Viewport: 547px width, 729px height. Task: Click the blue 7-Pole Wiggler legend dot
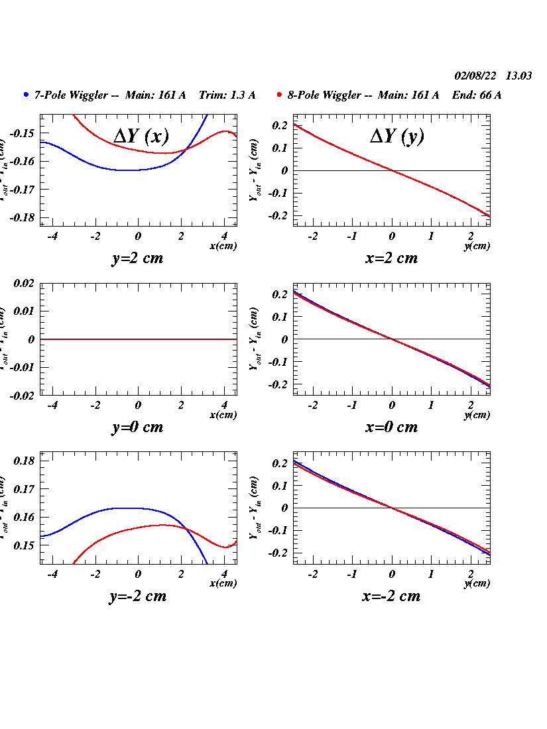point(26,95)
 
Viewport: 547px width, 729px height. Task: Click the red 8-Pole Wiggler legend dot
point(280,95)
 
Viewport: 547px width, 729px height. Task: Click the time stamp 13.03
point(518,76)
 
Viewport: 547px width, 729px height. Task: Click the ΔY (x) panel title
point(141,136)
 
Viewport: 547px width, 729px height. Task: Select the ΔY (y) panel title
point(396,136)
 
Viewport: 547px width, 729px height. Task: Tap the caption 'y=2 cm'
point(137,258)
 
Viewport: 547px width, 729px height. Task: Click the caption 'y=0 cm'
point(137,427)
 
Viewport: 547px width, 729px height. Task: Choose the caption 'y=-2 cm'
point(137,596)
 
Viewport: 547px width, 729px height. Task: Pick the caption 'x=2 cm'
point(391,258)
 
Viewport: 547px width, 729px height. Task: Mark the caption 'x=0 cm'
point(391,427)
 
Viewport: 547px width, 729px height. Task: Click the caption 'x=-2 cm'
point(391,596)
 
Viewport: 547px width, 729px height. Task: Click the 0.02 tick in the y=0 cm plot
point(24,283)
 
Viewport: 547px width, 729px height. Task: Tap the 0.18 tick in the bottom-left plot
point(24,461)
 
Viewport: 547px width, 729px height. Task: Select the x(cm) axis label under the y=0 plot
point(223,415)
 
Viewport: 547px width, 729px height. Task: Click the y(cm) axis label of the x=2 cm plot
point(477,246)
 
